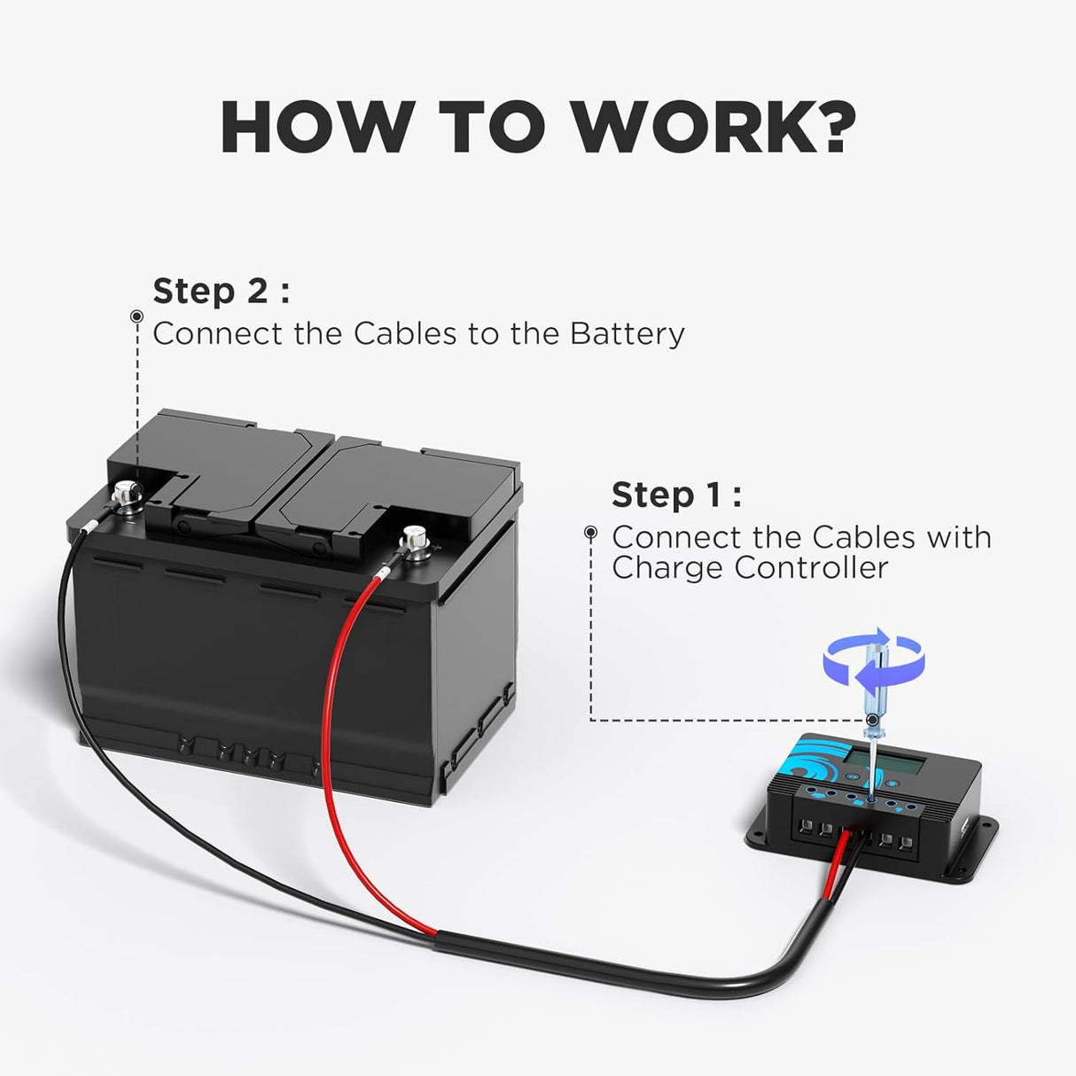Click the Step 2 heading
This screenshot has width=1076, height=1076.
tap(221, 291)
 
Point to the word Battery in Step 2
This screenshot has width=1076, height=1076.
tap(627, 334)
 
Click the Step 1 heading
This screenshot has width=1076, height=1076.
tap(675, 495)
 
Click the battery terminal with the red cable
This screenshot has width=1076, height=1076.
tap(414, 540)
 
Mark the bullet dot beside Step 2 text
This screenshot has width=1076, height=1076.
tap(136, 316)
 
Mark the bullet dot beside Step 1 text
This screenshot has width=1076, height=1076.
tap(591, 533)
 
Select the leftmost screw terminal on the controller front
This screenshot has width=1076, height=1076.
tap(807, 829)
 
